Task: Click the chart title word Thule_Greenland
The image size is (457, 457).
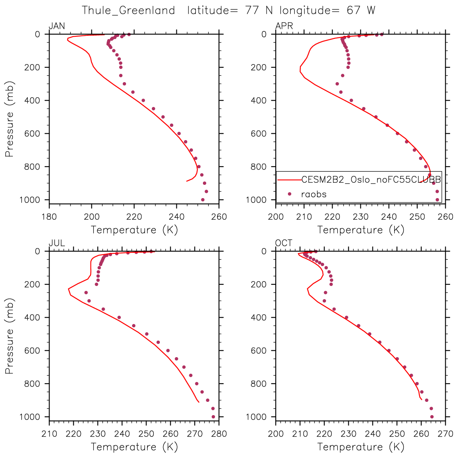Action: point(128,10)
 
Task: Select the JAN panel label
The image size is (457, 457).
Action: point(57,27)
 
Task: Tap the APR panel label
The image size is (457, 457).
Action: point(284,27)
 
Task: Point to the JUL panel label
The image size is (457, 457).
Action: point(57,243)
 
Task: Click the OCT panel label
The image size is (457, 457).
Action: point(284,243)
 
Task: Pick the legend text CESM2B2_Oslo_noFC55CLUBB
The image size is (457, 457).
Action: point(371,180)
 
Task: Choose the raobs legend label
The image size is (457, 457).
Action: point(314,194)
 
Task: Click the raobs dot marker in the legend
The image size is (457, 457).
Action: point(289,194)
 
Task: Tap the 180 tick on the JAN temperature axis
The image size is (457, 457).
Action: point(49,217)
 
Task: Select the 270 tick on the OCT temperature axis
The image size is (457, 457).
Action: point(445,434)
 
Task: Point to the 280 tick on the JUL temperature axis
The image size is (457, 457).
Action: point(219,434)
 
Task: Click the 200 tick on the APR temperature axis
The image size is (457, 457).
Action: point(276,217)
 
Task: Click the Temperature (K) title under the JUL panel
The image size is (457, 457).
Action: point(134,447)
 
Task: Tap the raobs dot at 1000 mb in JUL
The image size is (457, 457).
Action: point(213,417)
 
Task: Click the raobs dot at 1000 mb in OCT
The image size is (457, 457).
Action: point(432,417)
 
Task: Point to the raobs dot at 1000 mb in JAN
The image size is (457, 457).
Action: point(203,200)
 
